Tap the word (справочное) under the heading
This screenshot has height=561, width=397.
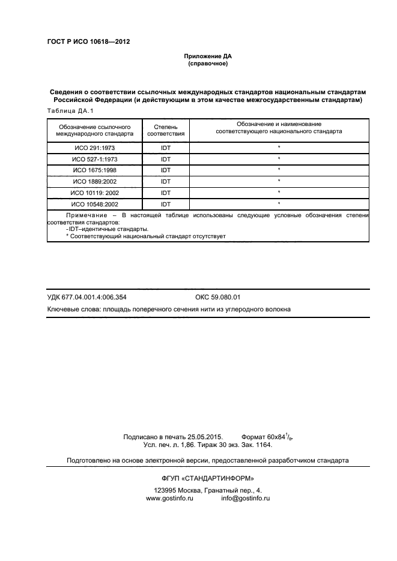(x=207, y=63)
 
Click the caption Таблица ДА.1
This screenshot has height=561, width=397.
(x=70, y=112)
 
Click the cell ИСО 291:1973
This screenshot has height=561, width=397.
(x=95, y=148)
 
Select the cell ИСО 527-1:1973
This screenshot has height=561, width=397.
(x=95, y=159)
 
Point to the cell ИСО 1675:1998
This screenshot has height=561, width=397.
(x=95, y=170)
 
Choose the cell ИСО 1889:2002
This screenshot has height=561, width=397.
(x=95, y=182)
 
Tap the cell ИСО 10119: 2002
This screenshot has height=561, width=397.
(x=95, y=193)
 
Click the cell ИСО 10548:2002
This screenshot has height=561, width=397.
(x=95, y=205)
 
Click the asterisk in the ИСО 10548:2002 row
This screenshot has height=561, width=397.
(x=279, y=205)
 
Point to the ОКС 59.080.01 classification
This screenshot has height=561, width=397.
(x=217, y=297)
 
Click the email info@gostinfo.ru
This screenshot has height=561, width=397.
(x=245, y=499)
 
